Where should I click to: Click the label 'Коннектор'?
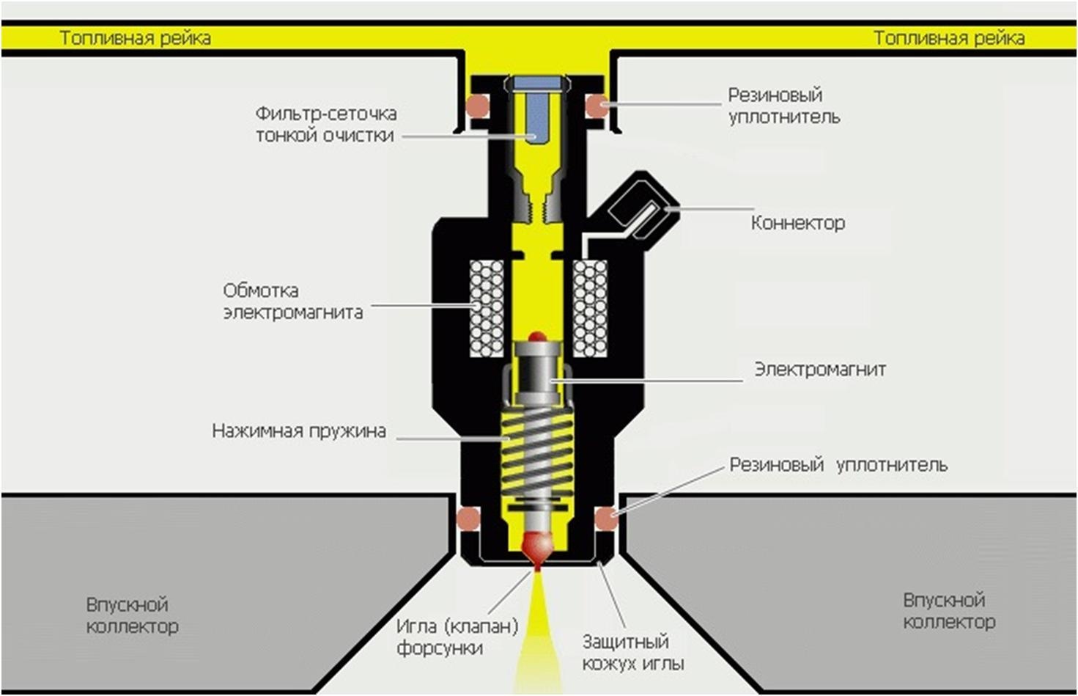click(x=797, y=223)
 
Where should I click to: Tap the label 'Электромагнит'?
click(x=820, y=370)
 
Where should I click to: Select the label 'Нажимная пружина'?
click(x=299, y=431)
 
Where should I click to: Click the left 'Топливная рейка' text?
click(x=136, y=38)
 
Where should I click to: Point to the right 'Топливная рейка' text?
click(x=949, y=38)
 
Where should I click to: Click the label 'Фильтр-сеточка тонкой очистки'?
click(x=326, y=125)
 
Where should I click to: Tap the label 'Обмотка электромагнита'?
click(x=292, y=301)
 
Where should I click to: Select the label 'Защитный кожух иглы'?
click(x=633, y=653)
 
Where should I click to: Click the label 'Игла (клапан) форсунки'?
click(x=457, y=637)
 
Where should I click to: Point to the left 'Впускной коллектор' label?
click(x=132, y=616)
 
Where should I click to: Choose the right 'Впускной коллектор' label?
click(x=949, y=612)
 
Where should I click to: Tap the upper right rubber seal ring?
click(x=597, y=105)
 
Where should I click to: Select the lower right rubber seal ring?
click(x=606, y=518)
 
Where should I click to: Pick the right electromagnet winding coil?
click(x=590, y=308)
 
